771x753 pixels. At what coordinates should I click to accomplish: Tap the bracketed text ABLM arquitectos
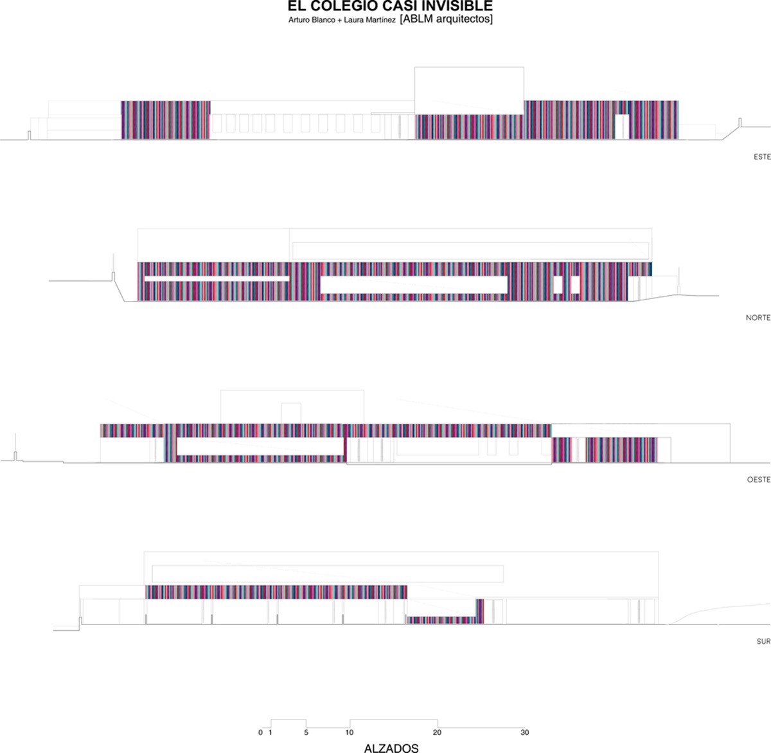(446, 19)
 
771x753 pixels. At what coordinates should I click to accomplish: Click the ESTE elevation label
(762, 157)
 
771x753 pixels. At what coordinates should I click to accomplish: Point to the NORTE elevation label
(758, 318)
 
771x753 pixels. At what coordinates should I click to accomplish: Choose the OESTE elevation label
(758, 480)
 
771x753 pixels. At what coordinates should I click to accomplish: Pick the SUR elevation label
(763, 641)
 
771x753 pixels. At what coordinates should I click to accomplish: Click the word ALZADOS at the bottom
(391, 747)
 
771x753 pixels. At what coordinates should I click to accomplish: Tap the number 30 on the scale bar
(524, 732)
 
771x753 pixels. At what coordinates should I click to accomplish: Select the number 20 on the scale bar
(437, 732)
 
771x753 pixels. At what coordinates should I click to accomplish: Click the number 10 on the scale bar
(350, 732)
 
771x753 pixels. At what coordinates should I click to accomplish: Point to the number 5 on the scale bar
(306, 732)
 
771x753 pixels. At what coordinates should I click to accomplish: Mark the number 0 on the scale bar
(260, 732)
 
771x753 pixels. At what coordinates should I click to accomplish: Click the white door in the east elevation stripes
(621, 126)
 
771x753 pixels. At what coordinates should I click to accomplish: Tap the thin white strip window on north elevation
(217, 278)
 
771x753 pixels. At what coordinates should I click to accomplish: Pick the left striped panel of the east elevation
(166, 120)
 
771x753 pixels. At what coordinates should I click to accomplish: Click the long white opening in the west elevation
(260, 446)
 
